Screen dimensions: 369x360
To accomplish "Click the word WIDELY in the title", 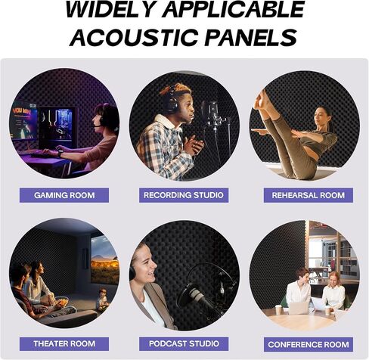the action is pos(110,9).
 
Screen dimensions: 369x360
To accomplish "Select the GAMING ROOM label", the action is pos(64,195).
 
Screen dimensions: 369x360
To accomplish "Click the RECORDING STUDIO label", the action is pos(184,195).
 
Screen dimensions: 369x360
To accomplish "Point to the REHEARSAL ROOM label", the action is pos(309,195).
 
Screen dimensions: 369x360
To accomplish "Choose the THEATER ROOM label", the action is pos(64,344).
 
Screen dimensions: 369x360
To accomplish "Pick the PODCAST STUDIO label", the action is pos(184,344).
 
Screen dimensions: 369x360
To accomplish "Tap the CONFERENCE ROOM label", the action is pos(309,345).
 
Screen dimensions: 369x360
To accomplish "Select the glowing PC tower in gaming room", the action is pos(57,126).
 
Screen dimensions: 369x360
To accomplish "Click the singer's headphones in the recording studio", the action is pos(172,99).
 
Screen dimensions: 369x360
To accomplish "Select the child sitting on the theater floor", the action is pos(103,299).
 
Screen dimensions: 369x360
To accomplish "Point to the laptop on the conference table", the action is pos(299,308).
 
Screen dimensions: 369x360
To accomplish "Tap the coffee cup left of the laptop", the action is pos(278,309).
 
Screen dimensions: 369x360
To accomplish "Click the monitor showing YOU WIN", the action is pos(24,120).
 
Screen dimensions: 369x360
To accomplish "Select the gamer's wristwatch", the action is pos(60,153).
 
